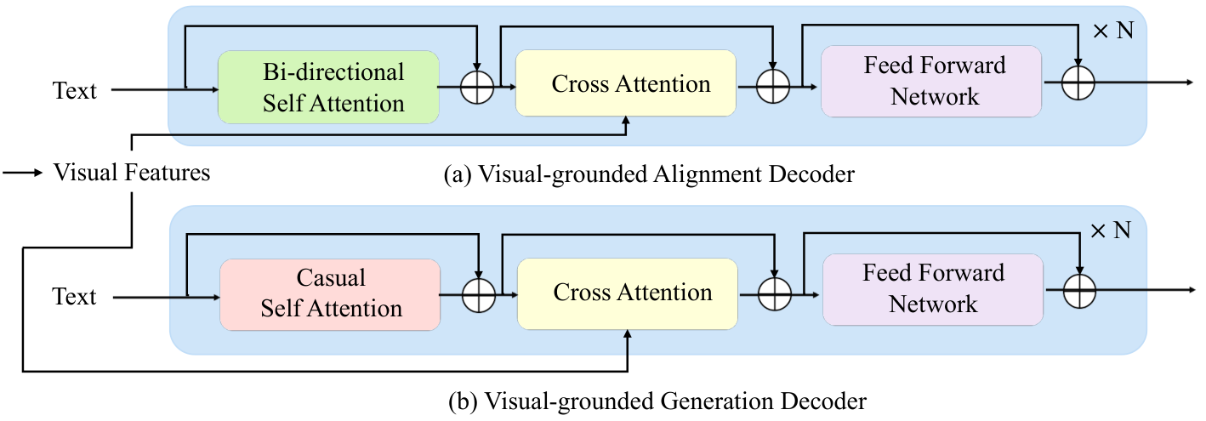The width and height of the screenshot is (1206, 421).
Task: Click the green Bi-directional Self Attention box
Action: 328,88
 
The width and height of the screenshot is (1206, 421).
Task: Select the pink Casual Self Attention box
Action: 330,294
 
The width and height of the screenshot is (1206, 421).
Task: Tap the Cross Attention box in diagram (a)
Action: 626,82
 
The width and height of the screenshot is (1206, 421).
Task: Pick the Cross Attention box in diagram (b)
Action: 627,294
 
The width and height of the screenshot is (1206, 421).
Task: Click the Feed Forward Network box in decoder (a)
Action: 931,82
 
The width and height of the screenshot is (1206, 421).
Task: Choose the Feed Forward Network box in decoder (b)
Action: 933,290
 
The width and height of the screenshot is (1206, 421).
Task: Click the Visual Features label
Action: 132,173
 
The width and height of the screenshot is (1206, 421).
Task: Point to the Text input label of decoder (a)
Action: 74,90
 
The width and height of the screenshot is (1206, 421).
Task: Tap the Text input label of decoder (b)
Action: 74,296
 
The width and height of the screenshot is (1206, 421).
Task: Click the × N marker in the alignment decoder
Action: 1113,30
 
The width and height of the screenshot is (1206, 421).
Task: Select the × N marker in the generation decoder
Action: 1111,230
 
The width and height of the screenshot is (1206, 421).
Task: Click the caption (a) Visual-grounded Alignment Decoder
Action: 649,174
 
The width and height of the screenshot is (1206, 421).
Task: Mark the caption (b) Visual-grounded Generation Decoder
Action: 657,401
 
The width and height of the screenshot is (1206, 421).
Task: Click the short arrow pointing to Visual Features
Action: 23,173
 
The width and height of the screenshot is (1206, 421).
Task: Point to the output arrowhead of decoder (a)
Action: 1191,82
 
